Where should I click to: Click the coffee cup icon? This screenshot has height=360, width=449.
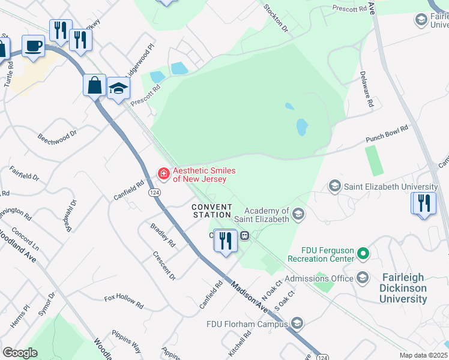pyautogui.click(x=33, y=46)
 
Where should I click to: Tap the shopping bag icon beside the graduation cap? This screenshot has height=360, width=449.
pyautogui.click(x=95, y=85)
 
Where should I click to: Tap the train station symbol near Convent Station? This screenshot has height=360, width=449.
pyautogui.click(x=244, y=236)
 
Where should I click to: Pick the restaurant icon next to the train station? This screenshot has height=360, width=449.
pyautogui.click(x=225, y=241)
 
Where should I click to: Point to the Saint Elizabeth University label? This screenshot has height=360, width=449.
pyautogui.click(x=390, y=187)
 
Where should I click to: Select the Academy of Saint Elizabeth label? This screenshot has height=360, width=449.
pyautogui.click(x=267, y=214)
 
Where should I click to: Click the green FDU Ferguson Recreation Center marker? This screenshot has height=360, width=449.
pyautogui.click(x=363, y=254)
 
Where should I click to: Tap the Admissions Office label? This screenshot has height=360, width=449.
pyautogui.click(x=318, y=278)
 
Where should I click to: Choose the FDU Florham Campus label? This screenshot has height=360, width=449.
pyautogui.click(x=247, y=325)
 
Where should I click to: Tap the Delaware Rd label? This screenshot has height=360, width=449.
pyautogui.click(x=367, y=89)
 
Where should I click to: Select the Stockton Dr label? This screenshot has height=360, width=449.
pyautogui.click(x=276, y=19)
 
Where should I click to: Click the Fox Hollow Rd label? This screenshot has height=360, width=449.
pyautogui.click(x=124, y=301)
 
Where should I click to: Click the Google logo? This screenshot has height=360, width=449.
pyautogui.click(x=20, y=353)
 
